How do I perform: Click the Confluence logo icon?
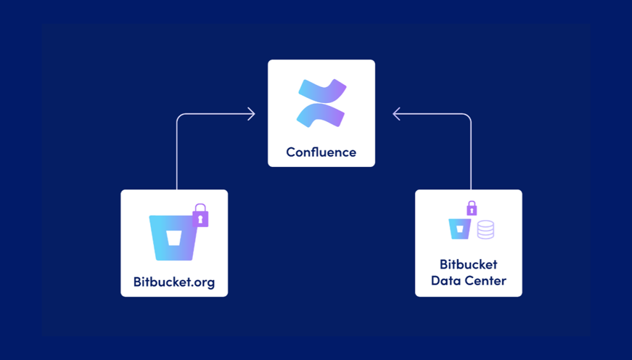321,104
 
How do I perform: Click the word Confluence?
321,152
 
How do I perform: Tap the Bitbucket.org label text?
174,282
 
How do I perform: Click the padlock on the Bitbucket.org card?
200,216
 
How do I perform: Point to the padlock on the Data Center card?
472,208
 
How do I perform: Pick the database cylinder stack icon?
485,229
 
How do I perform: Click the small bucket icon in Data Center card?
459,228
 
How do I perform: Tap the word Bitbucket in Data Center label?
468,264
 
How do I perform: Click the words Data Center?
468,281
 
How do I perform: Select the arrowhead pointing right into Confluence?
251,114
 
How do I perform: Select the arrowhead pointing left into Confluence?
396,114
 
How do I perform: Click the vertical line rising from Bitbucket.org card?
177,156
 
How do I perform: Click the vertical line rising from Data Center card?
471,156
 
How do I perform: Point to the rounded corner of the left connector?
179,116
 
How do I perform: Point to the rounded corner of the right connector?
469,116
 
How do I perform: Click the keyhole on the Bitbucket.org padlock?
200,218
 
